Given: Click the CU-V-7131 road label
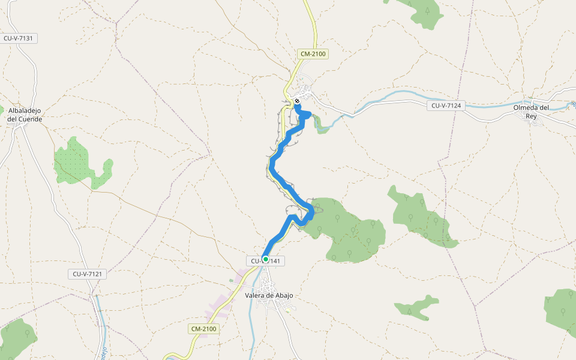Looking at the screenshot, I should (20, 38).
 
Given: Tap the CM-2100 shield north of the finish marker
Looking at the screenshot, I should (313, 54).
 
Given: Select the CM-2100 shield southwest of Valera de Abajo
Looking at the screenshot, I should (203, 329).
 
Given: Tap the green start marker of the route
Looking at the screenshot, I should (265, 259).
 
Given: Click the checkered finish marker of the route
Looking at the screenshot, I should (296, 101).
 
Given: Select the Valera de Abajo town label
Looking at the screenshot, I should (272, 295).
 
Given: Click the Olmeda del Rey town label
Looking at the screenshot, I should (531, 112).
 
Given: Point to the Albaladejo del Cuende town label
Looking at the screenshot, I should (25, 115).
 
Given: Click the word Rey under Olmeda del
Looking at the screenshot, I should (531, 116).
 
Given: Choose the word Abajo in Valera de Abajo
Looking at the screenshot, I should (288, 295).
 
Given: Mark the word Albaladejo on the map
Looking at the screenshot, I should (25, 110).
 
